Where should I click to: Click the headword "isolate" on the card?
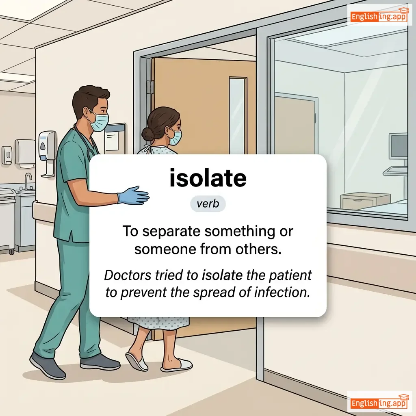click(x=208, y=178)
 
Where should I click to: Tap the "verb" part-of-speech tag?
click(x=208, y=204)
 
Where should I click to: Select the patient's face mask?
click(x=175, y=137)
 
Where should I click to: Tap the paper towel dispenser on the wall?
click(x=25, y=153)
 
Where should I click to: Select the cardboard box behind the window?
click(x=365, y=201)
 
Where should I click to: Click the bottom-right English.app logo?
click(x=379, y=402)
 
